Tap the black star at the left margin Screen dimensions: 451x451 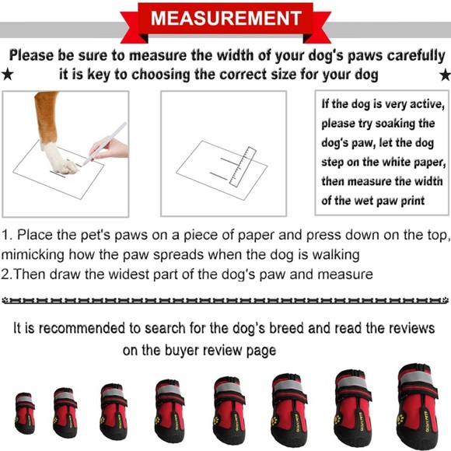coord(8,75)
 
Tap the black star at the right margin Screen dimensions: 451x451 coord(444,75)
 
